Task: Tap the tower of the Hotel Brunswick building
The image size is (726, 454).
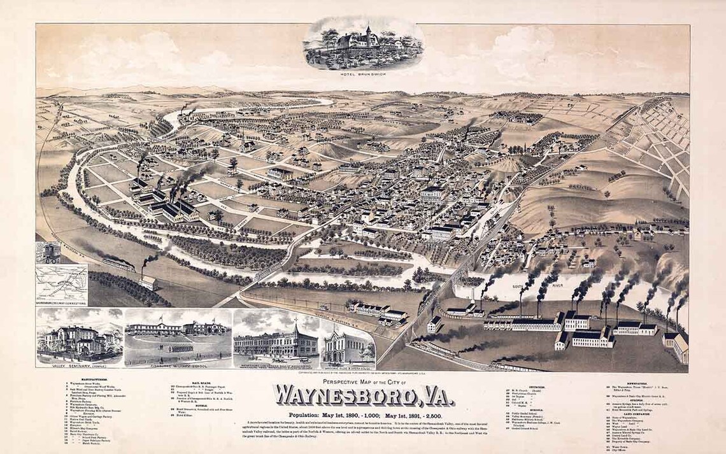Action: [367, 32]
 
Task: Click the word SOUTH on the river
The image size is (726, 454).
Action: [516, 288]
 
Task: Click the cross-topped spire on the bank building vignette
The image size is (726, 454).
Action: [297, 325]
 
